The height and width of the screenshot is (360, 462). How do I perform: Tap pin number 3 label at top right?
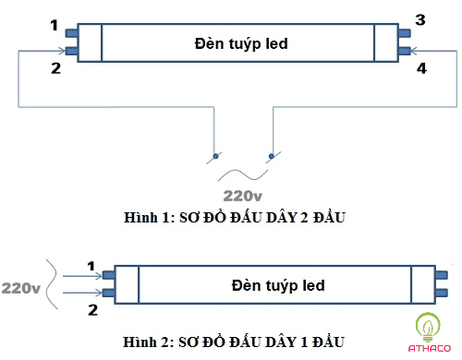[x=420, y=19]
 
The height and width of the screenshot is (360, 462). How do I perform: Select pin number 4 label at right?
[x=422, y=67]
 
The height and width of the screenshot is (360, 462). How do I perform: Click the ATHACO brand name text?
[x=427, y=348]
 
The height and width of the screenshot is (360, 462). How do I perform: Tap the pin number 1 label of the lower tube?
[x=91, y=268]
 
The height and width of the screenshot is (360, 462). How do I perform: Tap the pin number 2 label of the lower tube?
[x=91, y=309]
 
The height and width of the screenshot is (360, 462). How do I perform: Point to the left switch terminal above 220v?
[x=216, y=154]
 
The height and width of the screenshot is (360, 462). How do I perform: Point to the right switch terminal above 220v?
[x=271, y=154]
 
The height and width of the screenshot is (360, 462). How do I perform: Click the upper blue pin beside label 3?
[x=404, y=33]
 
